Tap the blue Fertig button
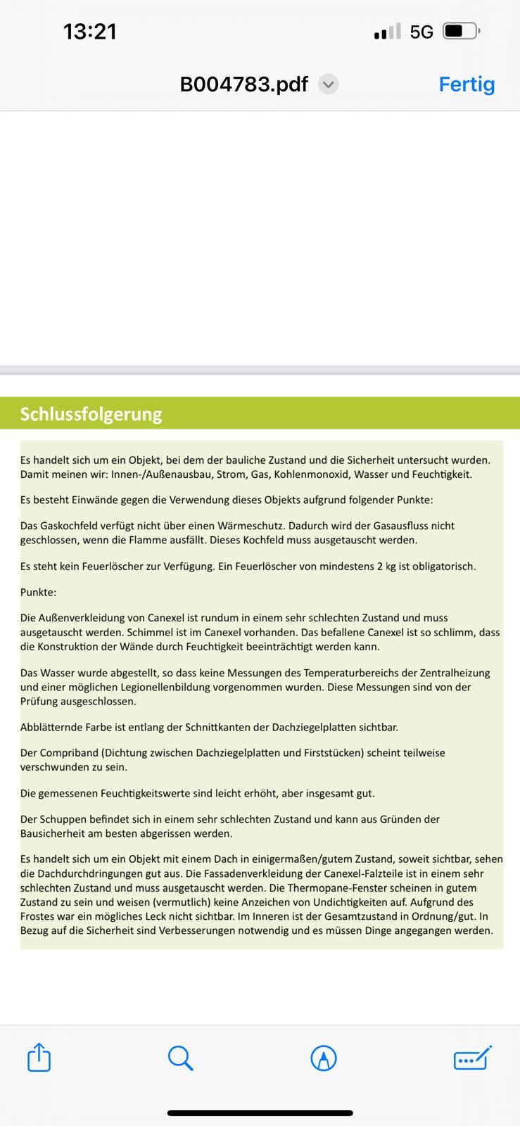tap(467, 84)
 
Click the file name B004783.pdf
tap(243, 84)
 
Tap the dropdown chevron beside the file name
tap(329, 84)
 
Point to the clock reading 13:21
tap(90, 32)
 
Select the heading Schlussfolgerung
tap(91, 414)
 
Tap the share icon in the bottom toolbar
tap(39, 1058)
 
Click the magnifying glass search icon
tap(180, 1058)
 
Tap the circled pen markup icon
tap(324, 1058)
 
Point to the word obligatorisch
tap(443, 566)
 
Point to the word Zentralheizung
tap(454, 673)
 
